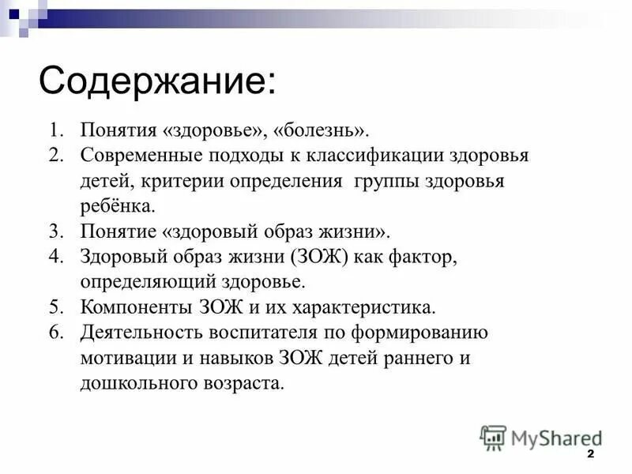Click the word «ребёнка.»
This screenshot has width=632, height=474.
point(118,206)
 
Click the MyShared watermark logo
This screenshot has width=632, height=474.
point(540,437)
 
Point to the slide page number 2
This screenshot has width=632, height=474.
point(590,457)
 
